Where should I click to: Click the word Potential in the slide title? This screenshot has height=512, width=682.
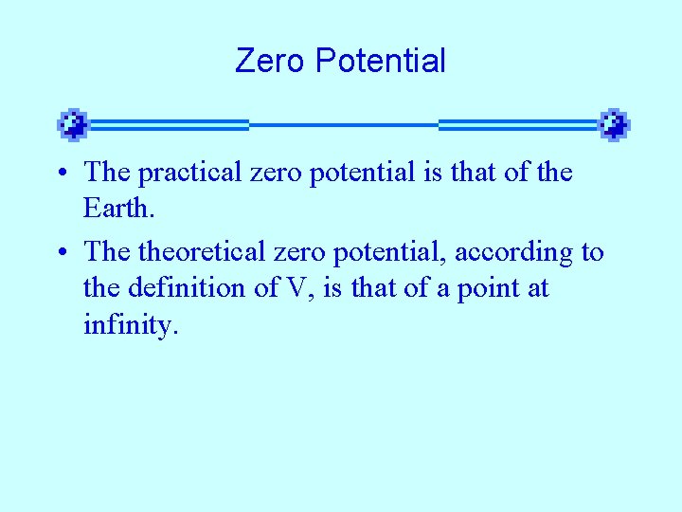[380, 62]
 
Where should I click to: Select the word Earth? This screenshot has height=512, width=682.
[115, 207]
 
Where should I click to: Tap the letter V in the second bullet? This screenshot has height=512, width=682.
[295, 287]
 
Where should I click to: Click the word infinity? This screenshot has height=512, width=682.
[130, 324]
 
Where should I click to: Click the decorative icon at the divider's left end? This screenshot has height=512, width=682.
[73, 124]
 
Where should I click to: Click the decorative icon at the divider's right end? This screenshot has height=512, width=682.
[615, 124]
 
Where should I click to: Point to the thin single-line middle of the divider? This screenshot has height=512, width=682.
[343, 124]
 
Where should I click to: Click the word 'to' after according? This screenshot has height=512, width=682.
[592, 253]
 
